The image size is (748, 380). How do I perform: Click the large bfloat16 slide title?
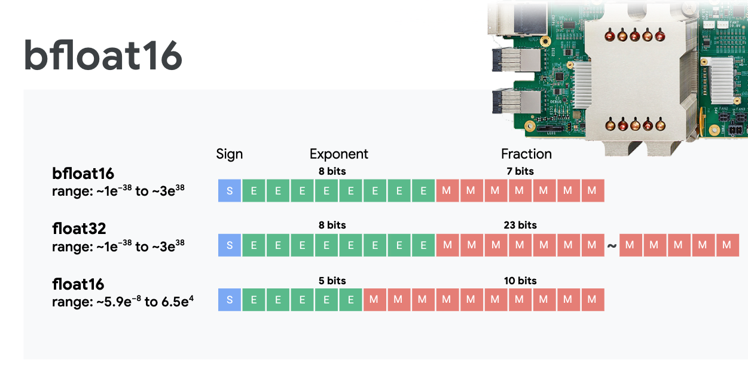coord(103,57)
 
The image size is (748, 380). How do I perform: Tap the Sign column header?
coord(230,154)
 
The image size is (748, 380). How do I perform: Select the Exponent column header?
coord(338,154)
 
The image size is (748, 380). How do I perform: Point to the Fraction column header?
coord(526,154)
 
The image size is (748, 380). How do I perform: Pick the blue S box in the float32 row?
coord(230,245)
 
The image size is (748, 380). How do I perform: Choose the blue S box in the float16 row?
coord(230,300)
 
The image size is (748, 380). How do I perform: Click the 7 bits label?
coord(520,171)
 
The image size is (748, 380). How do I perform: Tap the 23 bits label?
coord(520,225)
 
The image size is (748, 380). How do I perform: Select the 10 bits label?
coord(520,281)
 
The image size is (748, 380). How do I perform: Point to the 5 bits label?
coord(332,281)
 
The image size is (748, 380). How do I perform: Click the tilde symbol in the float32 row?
coord(612,245)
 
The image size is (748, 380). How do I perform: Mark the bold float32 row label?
coord(80,229)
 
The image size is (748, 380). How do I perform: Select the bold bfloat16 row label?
coord(83,174)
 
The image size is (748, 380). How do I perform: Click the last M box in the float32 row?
coord(726,245)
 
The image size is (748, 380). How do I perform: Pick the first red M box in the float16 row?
coord(374,300)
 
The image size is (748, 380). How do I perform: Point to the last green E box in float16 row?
coord(350,300)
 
